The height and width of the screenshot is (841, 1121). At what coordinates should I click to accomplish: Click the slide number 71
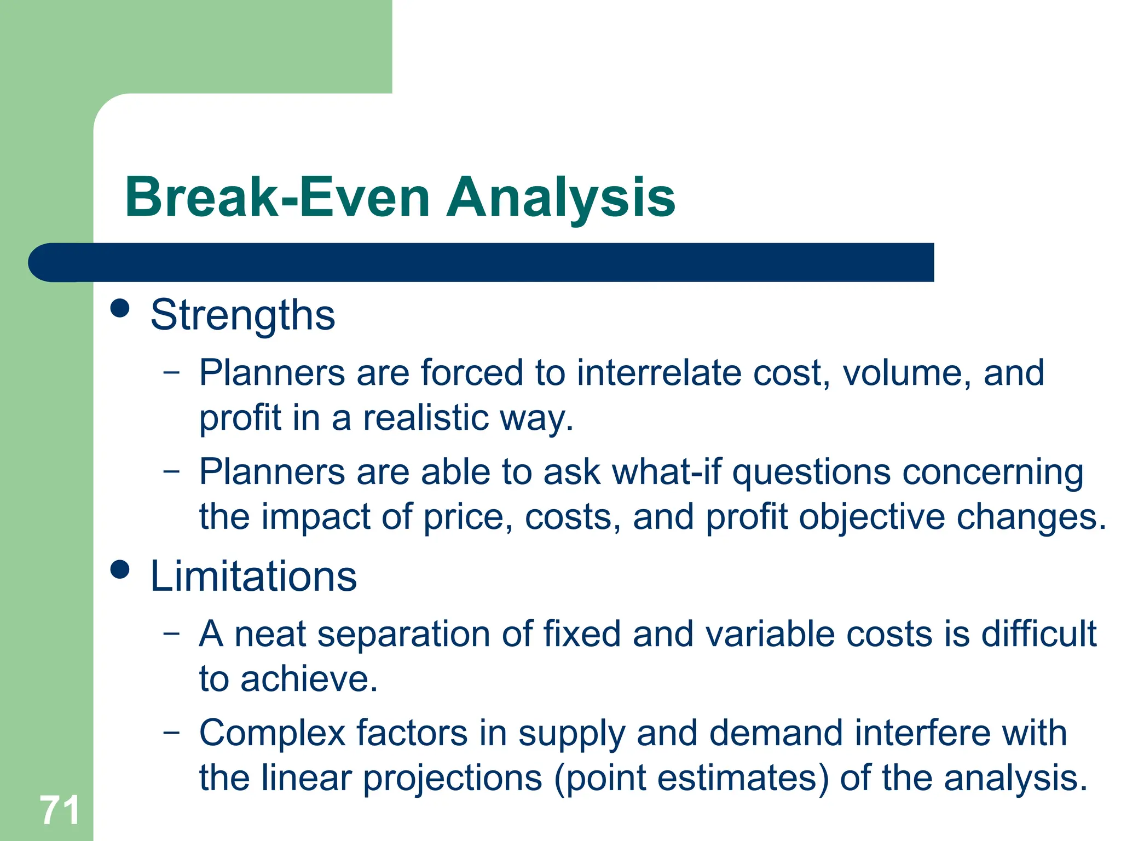pyautogui.click(x=60, y=811)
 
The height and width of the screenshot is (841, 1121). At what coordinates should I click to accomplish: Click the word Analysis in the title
pyautogui.click(x=560, y=198)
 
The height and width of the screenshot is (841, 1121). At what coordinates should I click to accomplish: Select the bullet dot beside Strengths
pyautogui.click(x=120, y=308)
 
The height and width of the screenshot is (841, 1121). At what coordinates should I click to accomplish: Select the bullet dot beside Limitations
pyautogui.click(x=120, y=569)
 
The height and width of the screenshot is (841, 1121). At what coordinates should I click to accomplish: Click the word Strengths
pyautogui.click(x=242, y=315)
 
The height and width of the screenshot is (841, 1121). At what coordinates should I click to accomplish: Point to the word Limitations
pyautogui.click(x=253, y=577)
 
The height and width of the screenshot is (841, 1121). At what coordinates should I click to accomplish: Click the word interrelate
pyautogui.click(x=658, y=373)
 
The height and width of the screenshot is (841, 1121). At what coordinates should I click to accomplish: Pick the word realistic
pyautogui.click(x=426, y=418)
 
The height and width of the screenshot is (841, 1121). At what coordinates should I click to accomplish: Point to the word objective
pyautogui.click(x=871, y=517)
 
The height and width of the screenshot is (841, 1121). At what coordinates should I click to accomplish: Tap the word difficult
pyautogui.click(x=1038, y=634)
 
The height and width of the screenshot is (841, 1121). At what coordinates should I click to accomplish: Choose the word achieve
pyautogui.click(x=309, y=679)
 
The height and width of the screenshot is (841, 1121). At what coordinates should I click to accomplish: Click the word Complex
pyautogui.click(x=272, y=734)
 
